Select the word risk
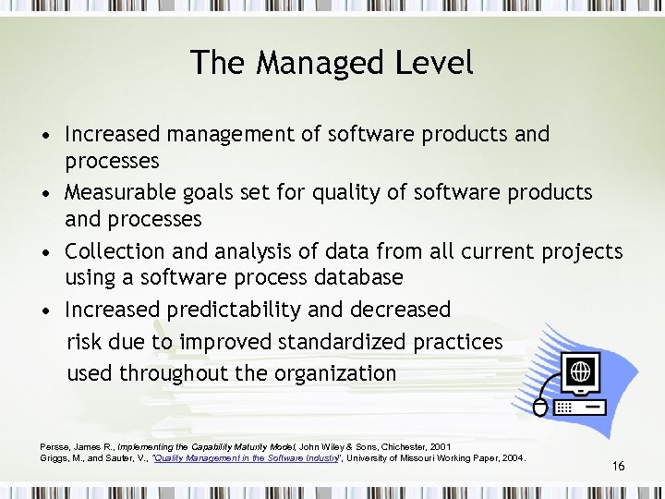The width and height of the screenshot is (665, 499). coord(85,342)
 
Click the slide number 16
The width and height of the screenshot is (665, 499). coord(618,467)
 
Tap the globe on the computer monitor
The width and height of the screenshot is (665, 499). coord(580,372)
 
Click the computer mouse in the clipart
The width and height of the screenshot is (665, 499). coord(540,407)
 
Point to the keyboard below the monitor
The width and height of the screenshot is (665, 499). coord(580,408)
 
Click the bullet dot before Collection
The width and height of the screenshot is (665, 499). coord(46,252)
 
